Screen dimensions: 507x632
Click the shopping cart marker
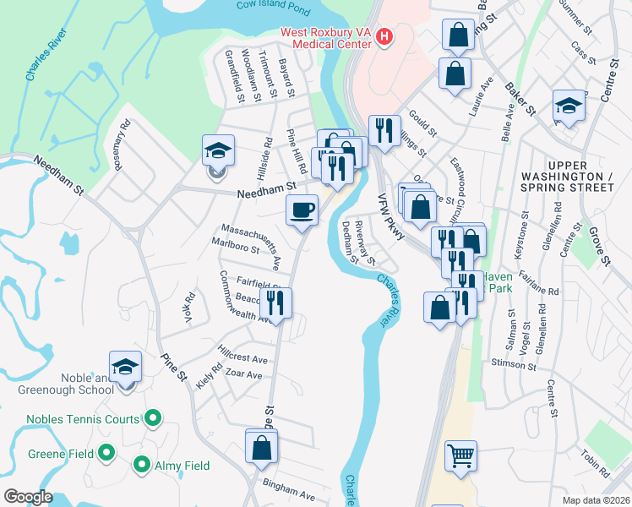tap(460, 455)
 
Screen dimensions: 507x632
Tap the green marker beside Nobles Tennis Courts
tap(153, 417)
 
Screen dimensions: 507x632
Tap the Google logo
tap(27, 497)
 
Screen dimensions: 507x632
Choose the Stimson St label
tap(513, 364)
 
